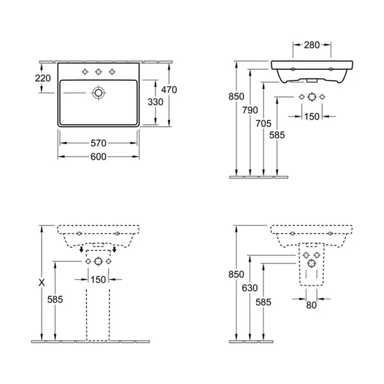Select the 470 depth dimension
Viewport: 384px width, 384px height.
point(167,90)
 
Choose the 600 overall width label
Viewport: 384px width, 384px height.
point(97,156)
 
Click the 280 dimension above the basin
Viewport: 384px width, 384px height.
point(313,46)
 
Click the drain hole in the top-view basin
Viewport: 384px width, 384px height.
point(98,93)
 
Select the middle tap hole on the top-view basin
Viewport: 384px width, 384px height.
point(98,71)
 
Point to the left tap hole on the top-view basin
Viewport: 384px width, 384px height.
point(84,71)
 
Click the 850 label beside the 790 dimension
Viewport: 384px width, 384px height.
point(236,97)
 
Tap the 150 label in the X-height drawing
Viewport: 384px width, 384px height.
point(97,279)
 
